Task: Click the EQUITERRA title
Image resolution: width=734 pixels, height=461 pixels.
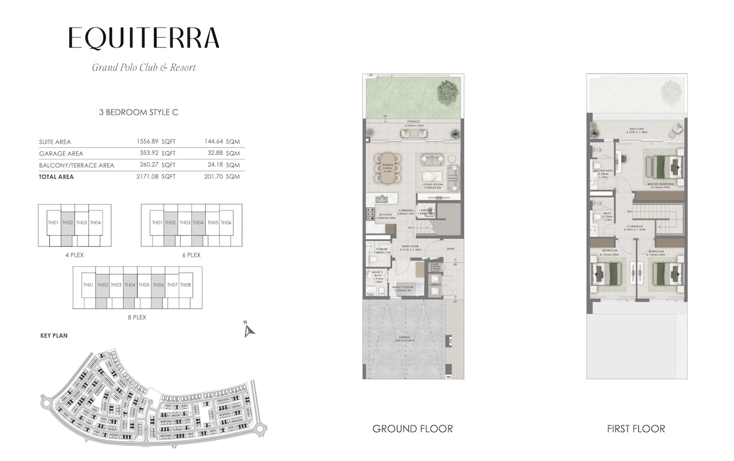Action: (x=143, y=38)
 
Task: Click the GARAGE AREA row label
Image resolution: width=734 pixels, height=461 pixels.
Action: (x=61, y=154)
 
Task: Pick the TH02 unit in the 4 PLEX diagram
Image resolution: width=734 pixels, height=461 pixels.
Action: (x=68, y=222)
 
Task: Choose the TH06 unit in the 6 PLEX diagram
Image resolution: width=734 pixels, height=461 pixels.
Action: (x=226, y=222)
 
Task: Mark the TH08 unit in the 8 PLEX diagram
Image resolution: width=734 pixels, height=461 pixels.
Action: (x=185, y=285)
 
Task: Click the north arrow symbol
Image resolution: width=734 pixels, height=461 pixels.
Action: (x=248, y=330)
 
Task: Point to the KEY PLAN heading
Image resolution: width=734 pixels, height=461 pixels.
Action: (x=54, y=336)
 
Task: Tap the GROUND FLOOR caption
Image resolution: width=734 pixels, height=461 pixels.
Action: (x=412, y=429)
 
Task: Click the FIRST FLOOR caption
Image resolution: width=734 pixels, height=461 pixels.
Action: (x=635, y=429)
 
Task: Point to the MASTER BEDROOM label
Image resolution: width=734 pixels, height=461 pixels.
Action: (x=659, y=185)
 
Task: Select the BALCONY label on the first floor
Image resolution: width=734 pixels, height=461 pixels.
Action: (x=637, y=129)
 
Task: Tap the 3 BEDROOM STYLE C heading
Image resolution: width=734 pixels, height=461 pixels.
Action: (x=139, y=112)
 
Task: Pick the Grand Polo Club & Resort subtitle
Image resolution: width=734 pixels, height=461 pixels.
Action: (x=144, y=68)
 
